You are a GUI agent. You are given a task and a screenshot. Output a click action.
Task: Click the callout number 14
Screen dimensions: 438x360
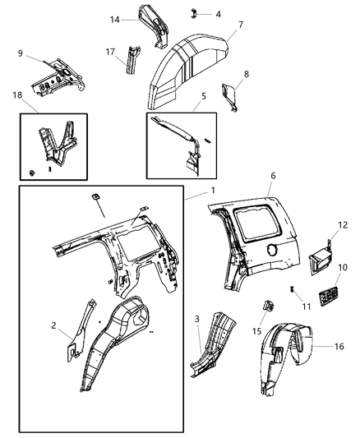click(x=115, y=19)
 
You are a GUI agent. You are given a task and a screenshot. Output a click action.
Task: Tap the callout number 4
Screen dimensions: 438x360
click(x=217, y=14)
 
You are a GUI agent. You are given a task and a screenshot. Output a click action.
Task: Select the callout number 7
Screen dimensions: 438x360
click(x=240, y=25)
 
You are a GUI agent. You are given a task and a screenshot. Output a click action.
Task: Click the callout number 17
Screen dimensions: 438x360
click(x=110, y=52)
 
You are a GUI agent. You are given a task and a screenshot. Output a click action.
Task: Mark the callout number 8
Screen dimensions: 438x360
click(x=246, y=74)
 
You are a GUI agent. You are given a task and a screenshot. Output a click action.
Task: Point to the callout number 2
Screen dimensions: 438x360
click(x=54, y=325)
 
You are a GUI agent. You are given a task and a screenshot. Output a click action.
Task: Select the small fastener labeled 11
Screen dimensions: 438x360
click(x=293, y=288)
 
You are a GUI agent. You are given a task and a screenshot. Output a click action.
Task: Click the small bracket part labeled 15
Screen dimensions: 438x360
click(x=267, y=307)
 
